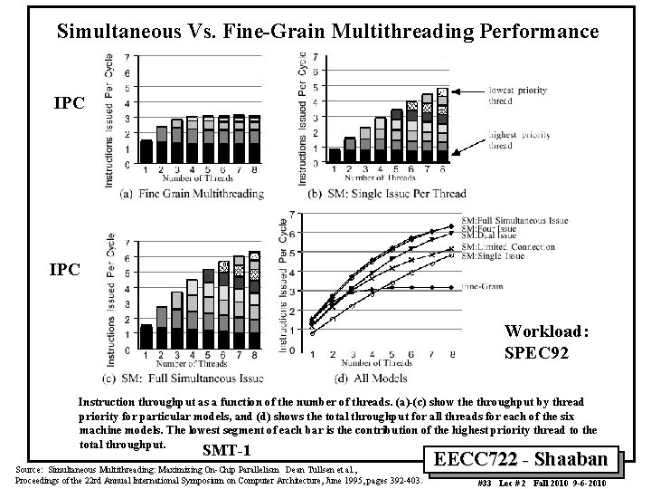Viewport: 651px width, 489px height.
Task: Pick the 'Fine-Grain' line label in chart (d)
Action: [x=485, y=287]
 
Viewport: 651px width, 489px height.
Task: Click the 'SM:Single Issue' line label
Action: [x=495, y=254]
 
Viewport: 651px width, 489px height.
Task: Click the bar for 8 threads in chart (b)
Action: [x=442, y=125]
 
